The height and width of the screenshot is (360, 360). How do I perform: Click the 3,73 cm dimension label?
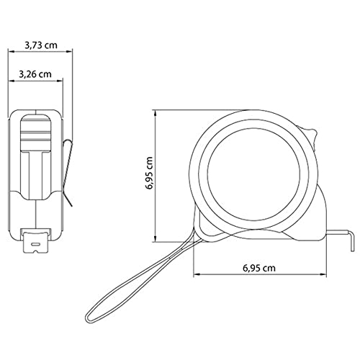coord(41,45)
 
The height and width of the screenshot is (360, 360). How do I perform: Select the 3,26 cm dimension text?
coord(35,74)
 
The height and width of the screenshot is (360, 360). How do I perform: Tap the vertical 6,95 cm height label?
coord(149,173)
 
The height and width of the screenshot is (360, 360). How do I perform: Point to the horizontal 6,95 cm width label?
coord(259,268)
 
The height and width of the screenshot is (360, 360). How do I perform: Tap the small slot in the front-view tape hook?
coord(35,244)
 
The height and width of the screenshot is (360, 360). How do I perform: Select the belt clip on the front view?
coord(67,172)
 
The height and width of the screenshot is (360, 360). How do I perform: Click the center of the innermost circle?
coord(253,174)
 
